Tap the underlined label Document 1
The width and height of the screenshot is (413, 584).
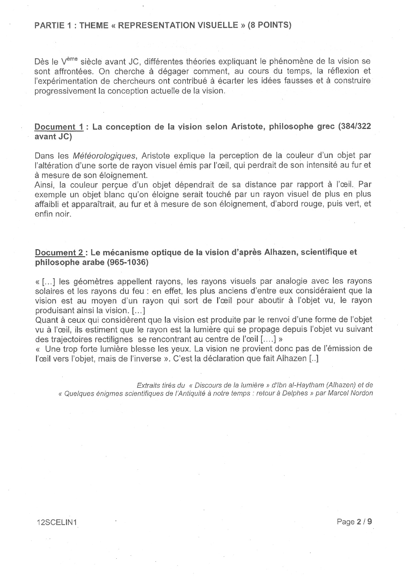pos(59,127)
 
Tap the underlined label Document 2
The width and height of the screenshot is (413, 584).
pos(60,253)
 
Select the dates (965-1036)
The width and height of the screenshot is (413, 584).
pos(128,263)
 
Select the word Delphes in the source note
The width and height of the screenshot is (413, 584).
pos(297,393)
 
